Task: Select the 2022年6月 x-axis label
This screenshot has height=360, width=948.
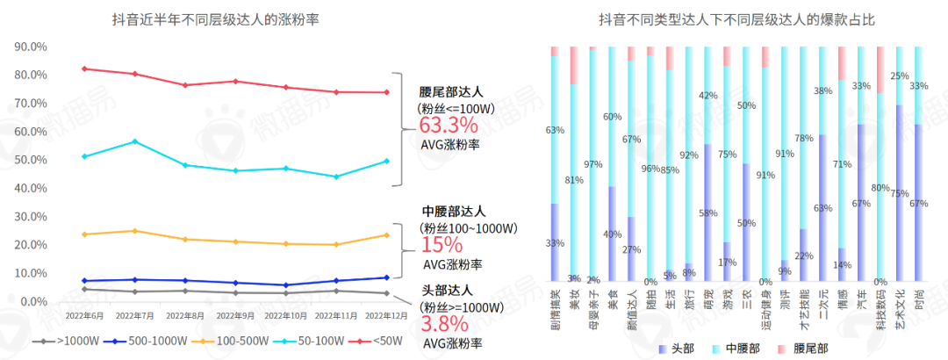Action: click(x=85, y=314)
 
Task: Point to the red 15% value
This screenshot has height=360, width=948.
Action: click(x=439, y=245)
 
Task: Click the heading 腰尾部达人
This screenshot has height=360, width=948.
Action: click(x=451, y=91)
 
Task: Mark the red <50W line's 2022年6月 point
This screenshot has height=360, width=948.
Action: click(x=83, y=68)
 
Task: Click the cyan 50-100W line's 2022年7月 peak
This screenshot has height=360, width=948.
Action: click(x=134, y=141)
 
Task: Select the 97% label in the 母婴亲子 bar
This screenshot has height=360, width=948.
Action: click(x=592, y=165)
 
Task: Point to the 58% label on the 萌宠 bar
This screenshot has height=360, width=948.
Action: click(x=707, y=213)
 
